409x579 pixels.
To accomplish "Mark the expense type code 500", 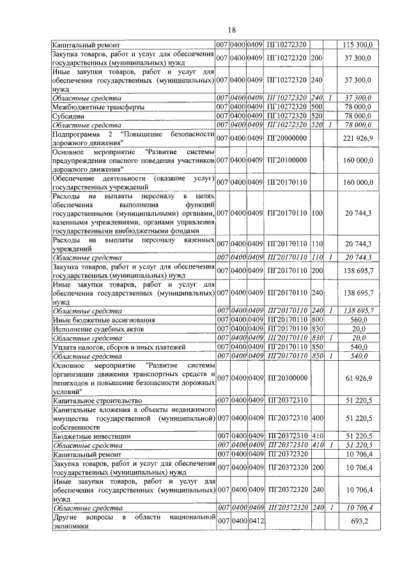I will point(316,107).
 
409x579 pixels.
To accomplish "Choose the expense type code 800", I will point(316,319).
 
